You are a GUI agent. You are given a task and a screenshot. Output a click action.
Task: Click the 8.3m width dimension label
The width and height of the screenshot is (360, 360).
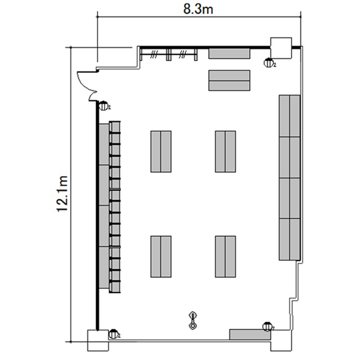pos(198,10)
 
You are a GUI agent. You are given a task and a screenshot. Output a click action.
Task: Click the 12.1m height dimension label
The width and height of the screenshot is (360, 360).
pos(62,194)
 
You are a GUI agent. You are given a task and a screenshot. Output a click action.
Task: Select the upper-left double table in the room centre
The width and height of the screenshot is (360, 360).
pos(161,152)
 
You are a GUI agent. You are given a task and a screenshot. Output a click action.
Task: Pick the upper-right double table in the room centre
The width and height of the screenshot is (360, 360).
pos(226,152)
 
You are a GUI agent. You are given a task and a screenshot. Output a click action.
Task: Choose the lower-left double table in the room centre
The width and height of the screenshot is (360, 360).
pos(161,256)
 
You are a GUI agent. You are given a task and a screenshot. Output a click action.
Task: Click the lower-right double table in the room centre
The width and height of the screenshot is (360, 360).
pos(226,256)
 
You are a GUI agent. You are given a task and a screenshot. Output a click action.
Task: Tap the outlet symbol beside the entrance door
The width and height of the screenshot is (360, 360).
pos(104,106)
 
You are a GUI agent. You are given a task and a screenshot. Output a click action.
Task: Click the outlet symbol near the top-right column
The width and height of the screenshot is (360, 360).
pos(269,63)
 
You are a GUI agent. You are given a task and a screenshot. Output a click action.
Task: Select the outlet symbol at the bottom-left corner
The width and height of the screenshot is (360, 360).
pos(113,334)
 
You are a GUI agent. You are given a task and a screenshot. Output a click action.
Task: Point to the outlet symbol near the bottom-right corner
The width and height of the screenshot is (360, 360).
pos(267,326)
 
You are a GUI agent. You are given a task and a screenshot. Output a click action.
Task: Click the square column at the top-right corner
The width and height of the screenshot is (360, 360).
pos(281,48)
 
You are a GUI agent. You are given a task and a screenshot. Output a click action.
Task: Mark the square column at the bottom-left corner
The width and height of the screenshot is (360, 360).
pos(98,340)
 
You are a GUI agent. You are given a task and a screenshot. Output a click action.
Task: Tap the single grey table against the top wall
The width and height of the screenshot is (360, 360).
pos(229,53)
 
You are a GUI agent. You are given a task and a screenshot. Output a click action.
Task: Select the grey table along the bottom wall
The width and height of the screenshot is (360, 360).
pos(250,335)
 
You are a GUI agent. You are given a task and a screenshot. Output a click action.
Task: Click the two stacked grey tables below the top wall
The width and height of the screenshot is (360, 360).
pos(229,80)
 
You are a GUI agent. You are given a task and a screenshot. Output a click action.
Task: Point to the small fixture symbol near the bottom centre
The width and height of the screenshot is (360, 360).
pos(193,321)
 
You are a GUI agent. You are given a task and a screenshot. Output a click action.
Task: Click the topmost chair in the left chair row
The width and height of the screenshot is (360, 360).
pos(115,127)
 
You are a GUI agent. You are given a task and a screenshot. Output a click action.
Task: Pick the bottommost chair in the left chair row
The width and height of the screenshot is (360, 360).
pos(115,287)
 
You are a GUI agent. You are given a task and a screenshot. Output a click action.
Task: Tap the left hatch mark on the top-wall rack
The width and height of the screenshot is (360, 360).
pos(154,54)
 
